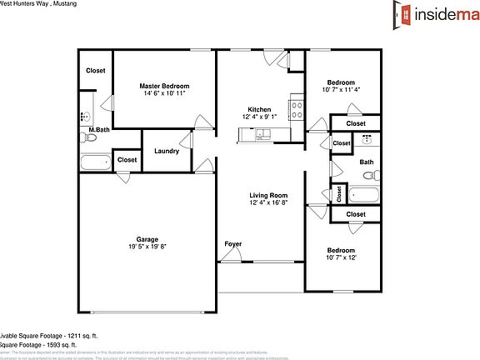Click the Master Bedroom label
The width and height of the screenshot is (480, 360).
tap(164, 86)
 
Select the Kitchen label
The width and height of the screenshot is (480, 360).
tap(258, 110)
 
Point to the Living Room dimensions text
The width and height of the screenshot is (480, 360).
tap(269, 202)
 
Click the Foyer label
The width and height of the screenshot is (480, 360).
tap(232, 244)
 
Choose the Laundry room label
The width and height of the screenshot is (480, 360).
tap(167, 151)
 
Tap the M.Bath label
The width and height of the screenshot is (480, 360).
tap(98, 131)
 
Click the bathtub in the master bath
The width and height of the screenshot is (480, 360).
tap(96, 160)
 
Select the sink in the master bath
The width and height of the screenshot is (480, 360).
tap(86, 117)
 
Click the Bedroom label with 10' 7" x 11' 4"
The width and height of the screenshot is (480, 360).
tap(340, 82)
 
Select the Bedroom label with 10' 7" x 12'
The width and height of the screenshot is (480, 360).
tap(340, 251)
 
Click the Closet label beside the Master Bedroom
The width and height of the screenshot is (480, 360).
tap(95, 71)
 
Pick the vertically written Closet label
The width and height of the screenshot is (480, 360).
tap(339, 193)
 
